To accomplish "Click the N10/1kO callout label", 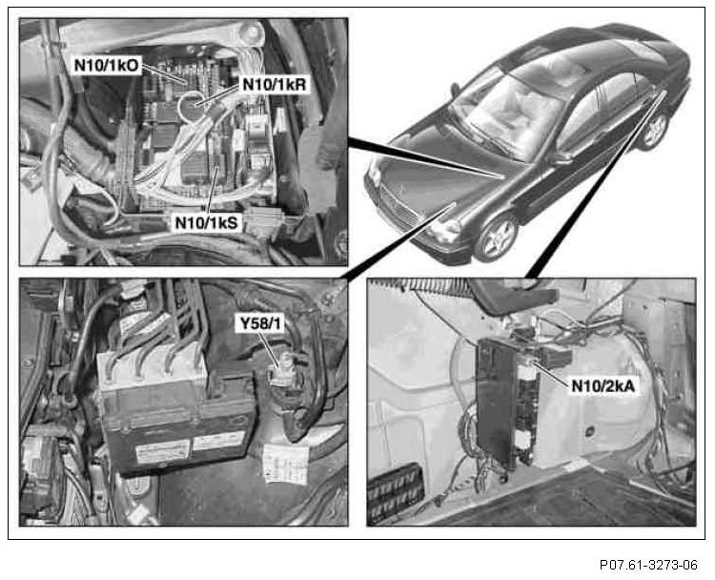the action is (x=106, y=65).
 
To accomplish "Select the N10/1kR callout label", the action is (x=275, y=84).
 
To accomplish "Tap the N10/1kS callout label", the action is (x=207, y=222).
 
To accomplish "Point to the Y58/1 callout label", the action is (x=260, y=323).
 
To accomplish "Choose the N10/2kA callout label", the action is (x=603, y=386).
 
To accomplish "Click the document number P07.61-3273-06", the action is (x=648, y=565).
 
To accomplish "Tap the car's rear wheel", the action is (x=655, y=130).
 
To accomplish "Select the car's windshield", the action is (x=506, y=114).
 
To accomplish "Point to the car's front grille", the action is (x=396, y=205).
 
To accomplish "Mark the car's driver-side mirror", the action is (x=562, y=158).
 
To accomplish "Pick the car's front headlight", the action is (x=443, y=230).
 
